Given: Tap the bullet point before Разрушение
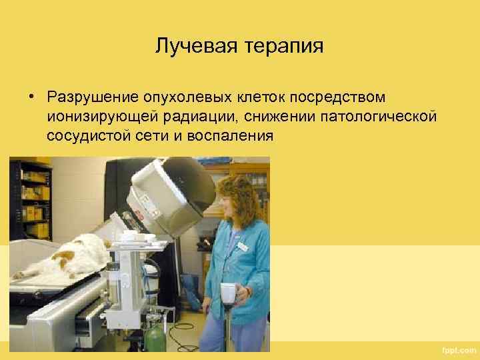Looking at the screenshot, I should click(31, 98).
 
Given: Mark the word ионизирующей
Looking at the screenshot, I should click(100, 117).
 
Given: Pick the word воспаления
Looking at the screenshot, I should click(229, 136).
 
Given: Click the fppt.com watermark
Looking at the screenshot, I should click(459, 350).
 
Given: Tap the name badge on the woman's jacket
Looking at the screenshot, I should click(241, 247).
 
